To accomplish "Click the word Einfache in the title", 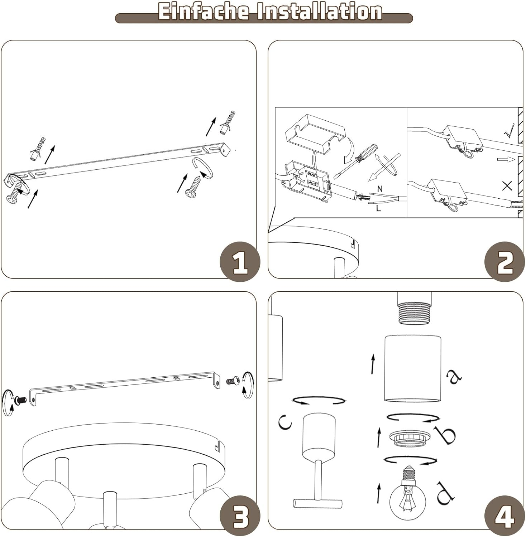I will [x=203, y=12].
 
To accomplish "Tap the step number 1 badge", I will [x=240, y=262].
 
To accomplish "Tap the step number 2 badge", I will [x=505, y=262].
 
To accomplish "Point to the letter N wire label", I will [x=380, y=189].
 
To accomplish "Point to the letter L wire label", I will [x=378, y=208].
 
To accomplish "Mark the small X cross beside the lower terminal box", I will [x=507, y=185].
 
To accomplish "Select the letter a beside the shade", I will [x=454, y=376].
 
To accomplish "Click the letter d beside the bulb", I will [x=445, y=493].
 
